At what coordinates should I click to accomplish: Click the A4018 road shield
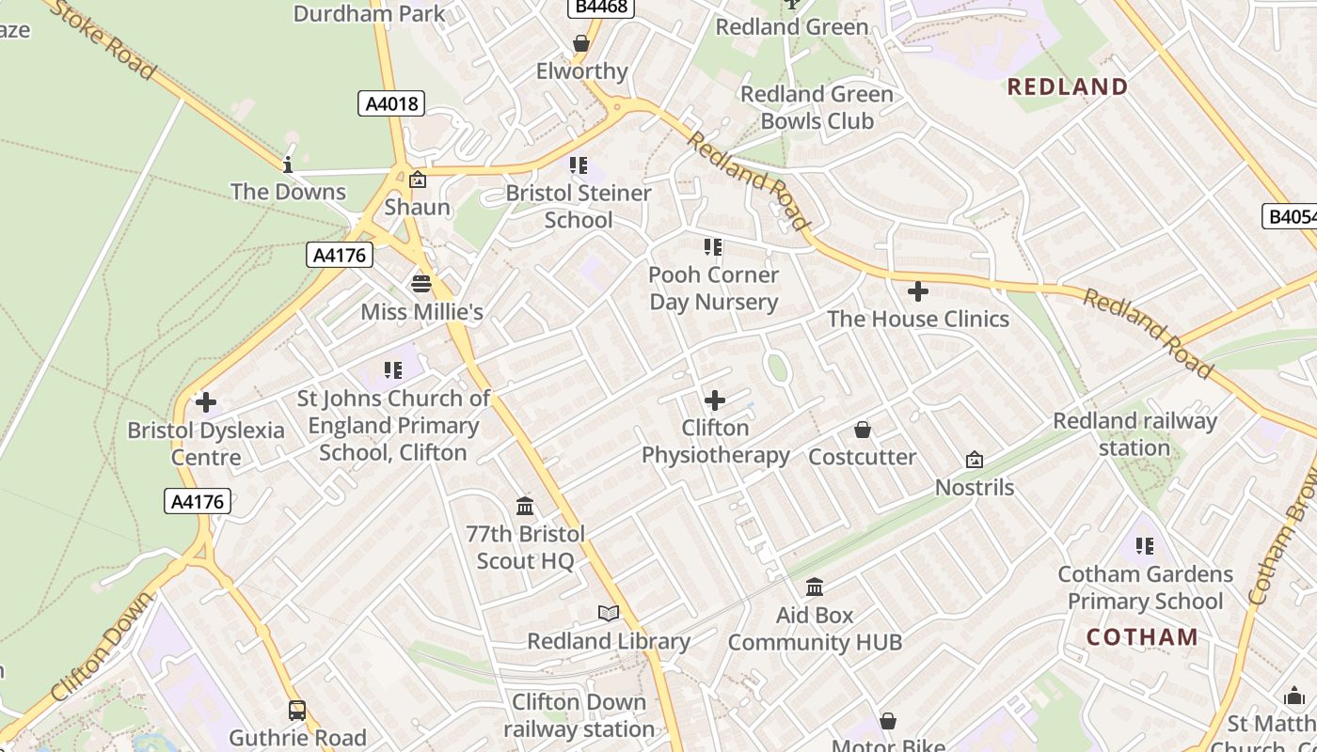391,103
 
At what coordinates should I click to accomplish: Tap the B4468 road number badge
602,8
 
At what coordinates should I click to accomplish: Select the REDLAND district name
1068,87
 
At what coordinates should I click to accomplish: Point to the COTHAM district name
1142,637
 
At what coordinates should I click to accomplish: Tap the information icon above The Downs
288,165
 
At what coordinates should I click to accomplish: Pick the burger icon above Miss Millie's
420,283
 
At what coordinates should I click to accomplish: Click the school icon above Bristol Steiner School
579,165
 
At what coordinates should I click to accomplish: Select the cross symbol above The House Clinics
918,291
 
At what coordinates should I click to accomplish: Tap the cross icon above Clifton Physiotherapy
715,400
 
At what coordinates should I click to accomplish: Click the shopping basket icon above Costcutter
863,431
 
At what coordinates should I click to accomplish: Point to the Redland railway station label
1135,434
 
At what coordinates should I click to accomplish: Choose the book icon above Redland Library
609,614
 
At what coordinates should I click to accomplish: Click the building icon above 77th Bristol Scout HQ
526,507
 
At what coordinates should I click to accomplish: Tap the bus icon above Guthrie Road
297,711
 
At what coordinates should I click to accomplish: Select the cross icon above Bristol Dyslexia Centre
205,403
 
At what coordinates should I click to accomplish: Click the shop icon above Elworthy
581,44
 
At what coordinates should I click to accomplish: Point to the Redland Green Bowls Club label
817,107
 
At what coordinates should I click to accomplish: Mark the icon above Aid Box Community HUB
815,587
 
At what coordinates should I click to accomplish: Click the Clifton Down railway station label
579,715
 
